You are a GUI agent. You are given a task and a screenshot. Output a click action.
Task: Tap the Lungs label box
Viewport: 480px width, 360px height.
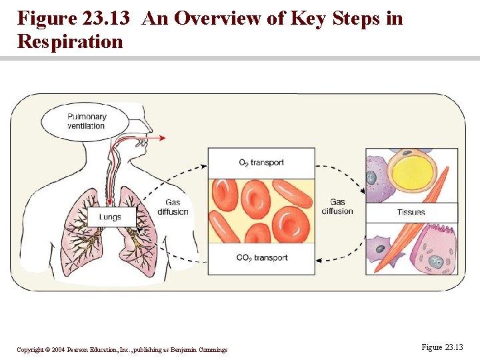pyautogui.click(x=110, y=217)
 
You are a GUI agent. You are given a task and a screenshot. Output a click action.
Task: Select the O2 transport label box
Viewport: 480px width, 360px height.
pyautogui.click(x=261, y=163)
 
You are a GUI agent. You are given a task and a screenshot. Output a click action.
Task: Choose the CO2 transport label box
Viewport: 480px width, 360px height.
pyautogui.click(x=261, y=258)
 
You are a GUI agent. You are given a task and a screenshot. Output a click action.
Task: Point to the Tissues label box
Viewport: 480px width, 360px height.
pyautogui.click(x=411, y=213)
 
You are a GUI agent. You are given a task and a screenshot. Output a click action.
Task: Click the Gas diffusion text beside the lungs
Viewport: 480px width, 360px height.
pyautogui.click(x=173, y=207)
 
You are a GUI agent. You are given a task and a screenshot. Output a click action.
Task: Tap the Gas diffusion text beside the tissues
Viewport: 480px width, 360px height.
pyautogui.click(x=337, y=207)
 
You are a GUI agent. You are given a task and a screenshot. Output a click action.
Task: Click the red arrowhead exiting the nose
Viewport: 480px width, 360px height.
pyautogui.click(x=163, y=138)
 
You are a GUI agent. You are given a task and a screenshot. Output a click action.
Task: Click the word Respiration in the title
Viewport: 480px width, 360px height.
pyautogui.click(x=70, y=41)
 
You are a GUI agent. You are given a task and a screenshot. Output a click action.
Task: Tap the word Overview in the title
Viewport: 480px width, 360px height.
pyautogui.click(x=211, y=18)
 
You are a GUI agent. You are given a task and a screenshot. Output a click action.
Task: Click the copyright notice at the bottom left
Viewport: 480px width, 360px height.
pyautogui.click(x=122, y=349)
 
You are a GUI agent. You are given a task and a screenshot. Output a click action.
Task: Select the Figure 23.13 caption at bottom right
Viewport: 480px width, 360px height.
pyautogui.click(x=442, y=347)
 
